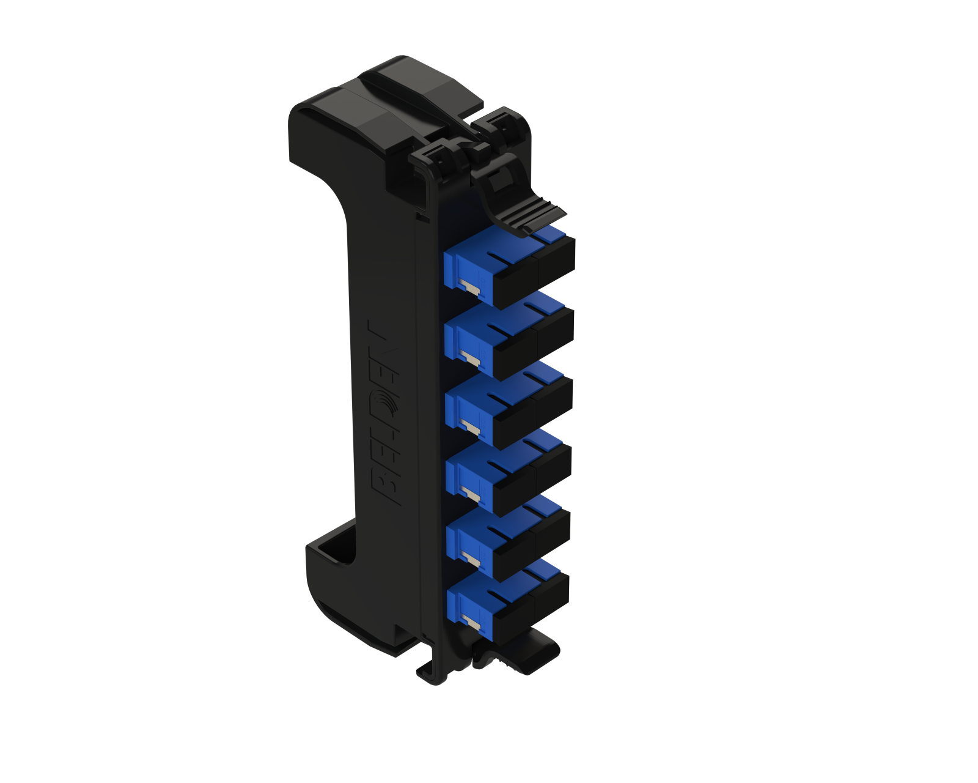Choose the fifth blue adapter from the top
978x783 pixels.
click(x=508, y=538)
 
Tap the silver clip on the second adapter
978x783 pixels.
click(x=470, y=358)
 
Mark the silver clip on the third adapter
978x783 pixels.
click(x=471, y=426)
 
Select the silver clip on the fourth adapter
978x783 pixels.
click(x=471, y=493)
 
